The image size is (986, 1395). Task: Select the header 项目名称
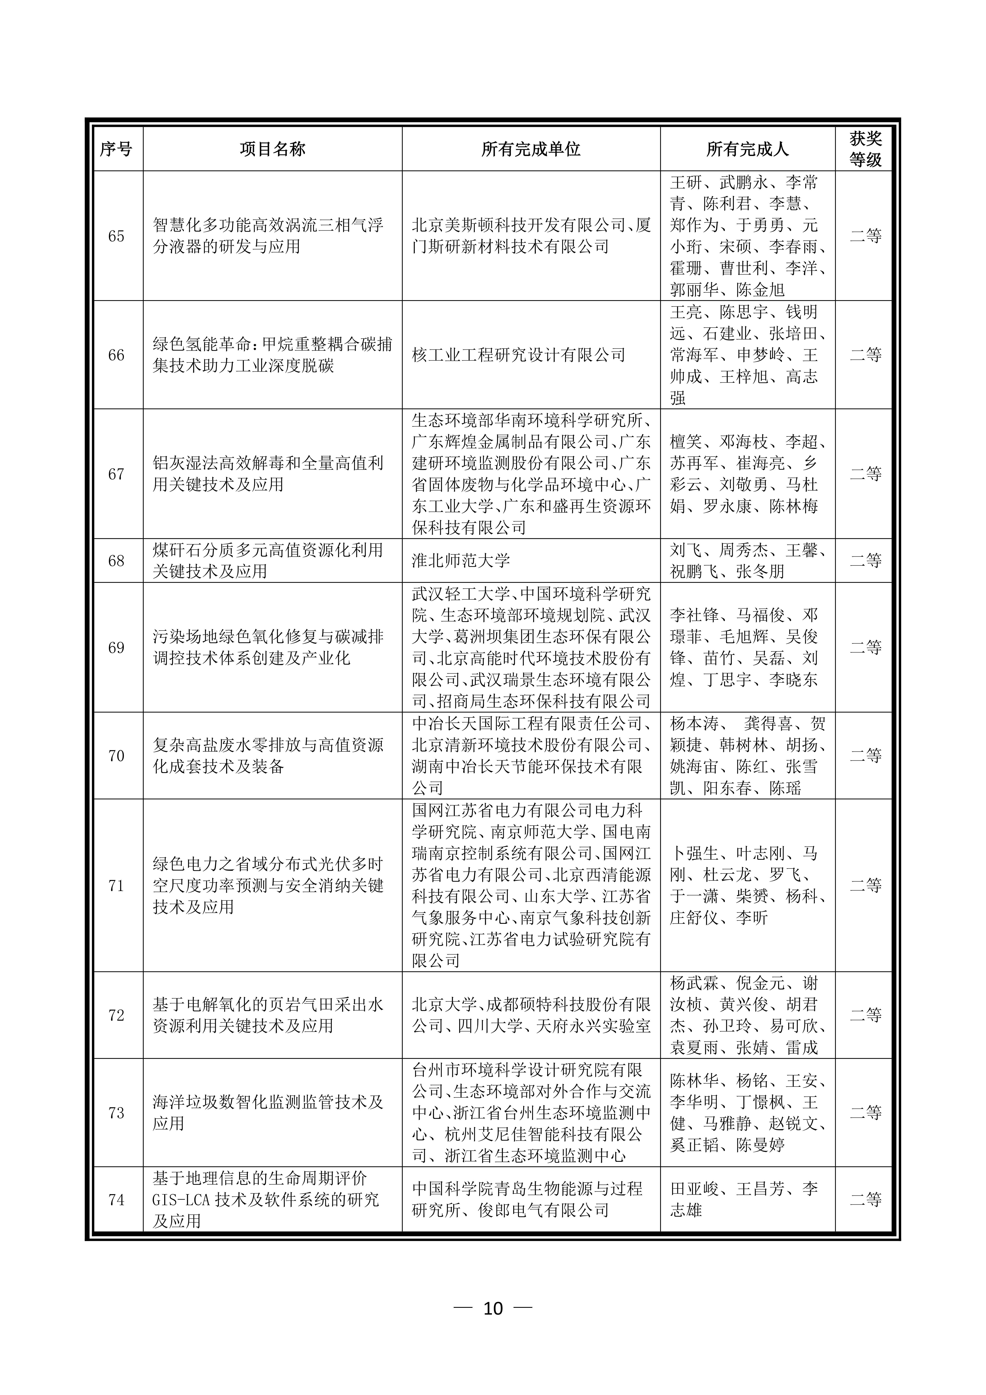(x=272, y=149)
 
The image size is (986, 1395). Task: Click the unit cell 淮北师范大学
(x=460, y=561)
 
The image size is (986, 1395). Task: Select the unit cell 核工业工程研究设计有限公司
(x=518, y=355)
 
